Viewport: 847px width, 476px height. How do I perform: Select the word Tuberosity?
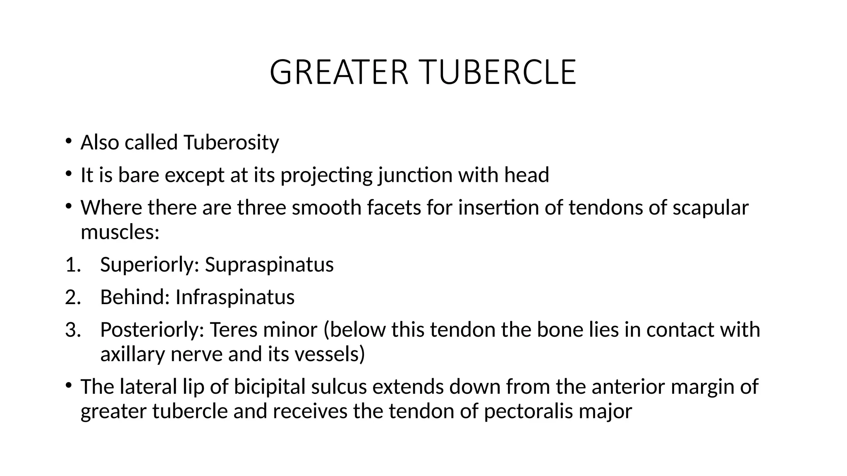pos(231,143)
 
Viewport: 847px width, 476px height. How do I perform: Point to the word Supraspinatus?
pos(269,264)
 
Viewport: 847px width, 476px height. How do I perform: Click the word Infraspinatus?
pos(234,297)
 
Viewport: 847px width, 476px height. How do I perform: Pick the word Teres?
pos(233,330)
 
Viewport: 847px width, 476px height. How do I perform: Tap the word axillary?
pos(132,354)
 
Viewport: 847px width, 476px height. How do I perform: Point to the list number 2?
pos(73,297)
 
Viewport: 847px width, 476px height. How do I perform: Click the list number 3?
pos(73,330)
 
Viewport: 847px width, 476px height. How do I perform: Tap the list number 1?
pos(73,264)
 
